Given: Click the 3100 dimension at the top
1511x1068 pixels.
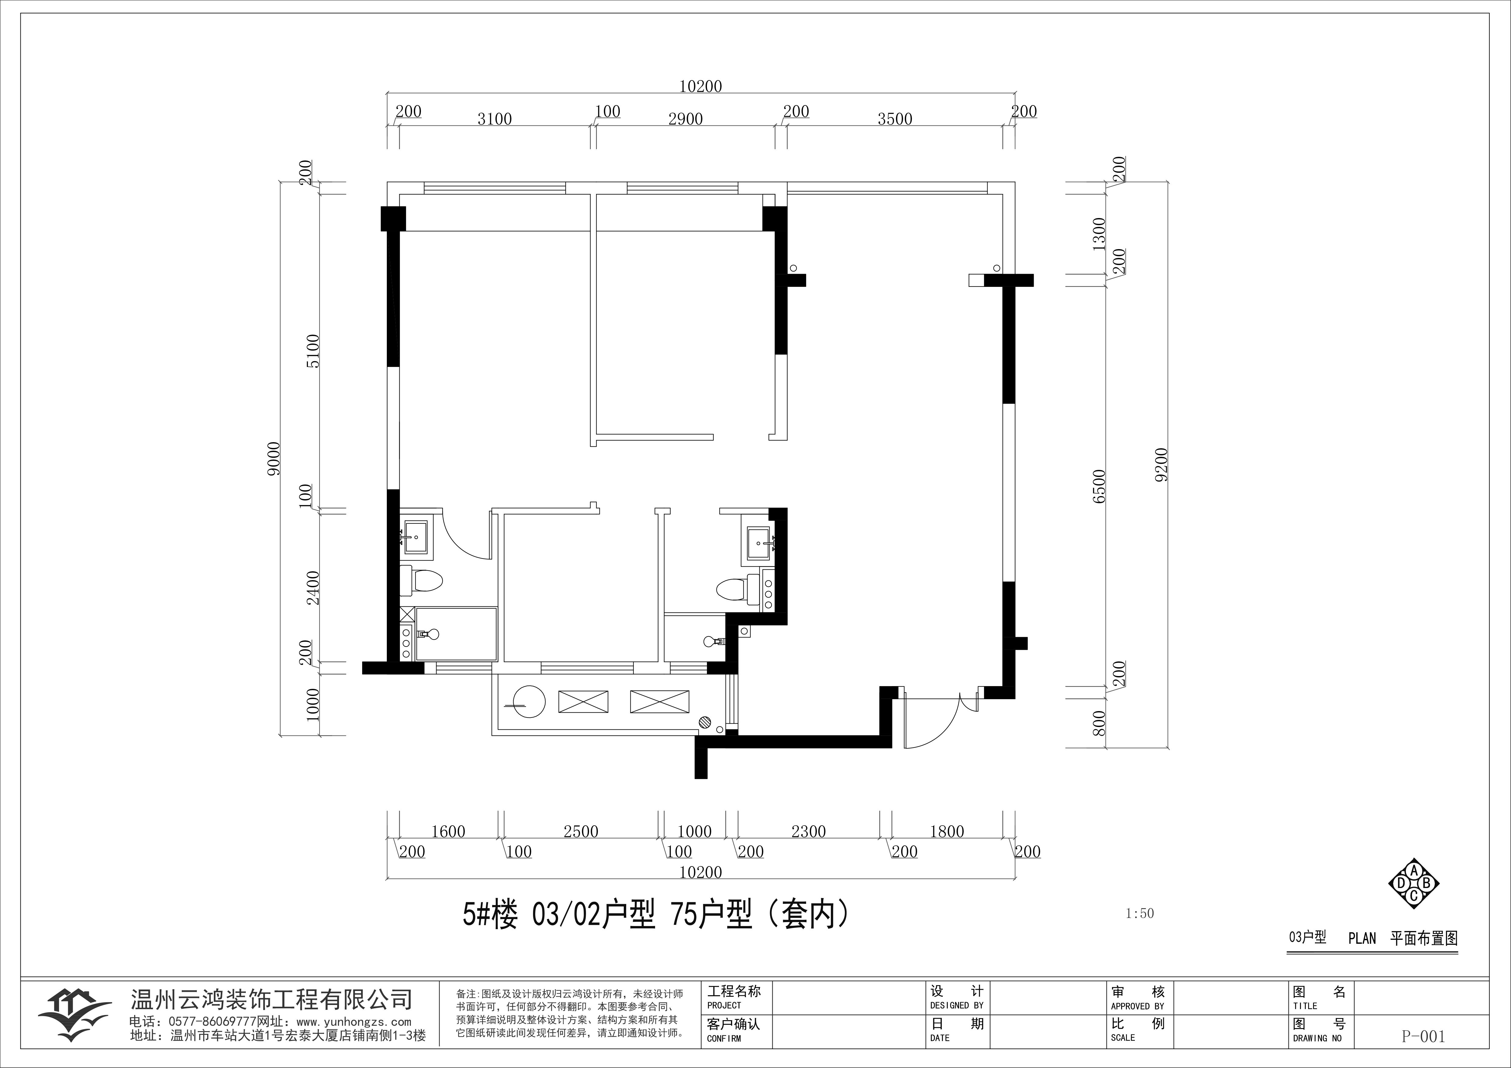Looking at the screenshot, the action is tap(494, 119).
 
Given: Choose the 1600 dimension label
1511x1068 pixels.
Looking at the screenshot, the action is tap(448, 832).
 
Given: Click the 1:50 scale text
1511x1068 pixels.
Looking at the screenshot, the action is tap(1140, 913).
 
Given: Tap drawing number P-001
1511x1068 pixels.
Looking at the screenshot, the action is tap(1424, 1036).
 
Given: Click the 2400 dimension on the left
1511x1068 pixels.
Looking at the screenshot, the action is tap(313, 588).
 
